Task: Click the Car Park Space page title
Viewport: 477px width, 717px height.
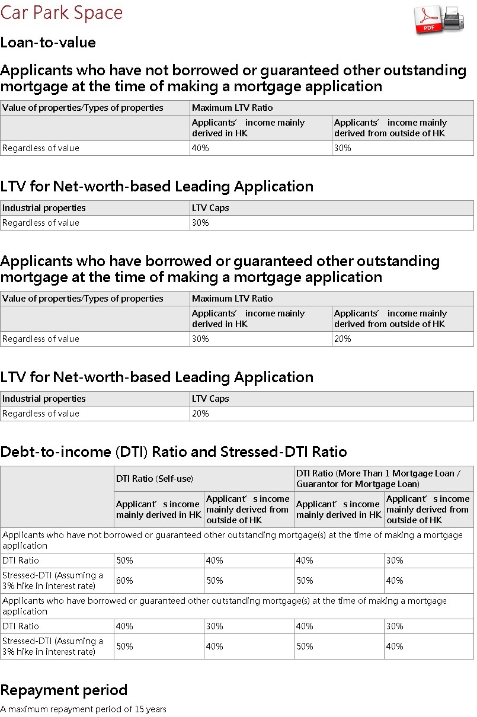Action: [62, 12]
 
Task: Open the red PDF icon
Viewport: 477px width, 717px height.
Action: [428, 20]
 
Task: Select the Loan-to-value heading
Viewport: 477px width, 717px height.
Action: [48, 43]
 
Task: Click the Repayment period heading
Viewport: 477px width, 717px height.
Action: [64, 690]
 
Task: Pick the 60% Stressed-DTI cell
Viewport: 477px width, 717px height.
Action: [124, 581]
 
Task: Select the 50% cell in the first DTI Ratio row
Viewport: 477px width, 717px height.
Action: [124, 560]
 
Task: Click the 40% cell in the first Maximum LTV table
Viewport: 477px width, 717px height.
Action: [200, 148]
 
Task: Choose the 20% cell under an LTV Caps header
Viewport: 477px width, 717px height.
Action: [200, 414]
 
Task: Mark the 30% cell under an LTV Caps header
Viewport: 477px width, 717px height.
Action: [200, 223]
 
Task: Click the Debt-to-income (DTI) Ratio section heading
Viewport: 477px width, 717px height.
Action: [174, 452]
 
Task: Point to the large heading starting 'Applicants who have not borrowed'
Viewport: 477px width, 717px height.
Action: [233, 78]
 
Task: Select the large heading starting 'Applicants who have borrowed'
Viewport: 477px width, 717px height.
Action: [220, 269]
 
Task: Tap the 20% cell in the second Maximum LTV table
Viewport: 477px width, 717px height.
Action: [342, 339]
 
